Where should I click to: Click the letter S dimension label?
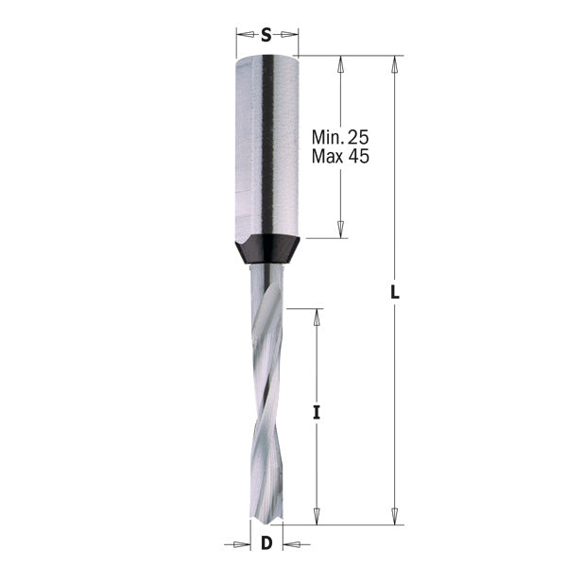pyautogui.click(x=266, y=36)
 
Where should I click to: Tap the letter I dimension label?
pyautogui.click(x=318, y=412)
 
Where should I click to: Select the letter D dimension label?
pyautogui.click(x=266, y=543)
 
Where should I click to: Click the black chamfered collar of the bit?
pyautogui.click(x=266, y=249)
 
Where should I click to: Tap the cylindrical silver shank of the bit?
pyautogui.click(x=266, y=142)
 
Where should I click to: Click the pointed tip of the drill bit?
pyautogui.click(x=267, y=521)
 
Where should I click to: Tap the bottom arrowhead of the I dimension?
pyautogui.click(x=318, y=516)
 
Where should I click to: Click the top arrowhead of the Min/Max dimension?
pyautogui.click(x=340, y=62)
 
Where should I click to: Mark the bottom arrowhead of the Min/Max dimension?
pyautogui.click(x=340, y=231)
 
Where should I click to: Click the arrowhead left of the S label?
pyautogui.click(x=242, y=36)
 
